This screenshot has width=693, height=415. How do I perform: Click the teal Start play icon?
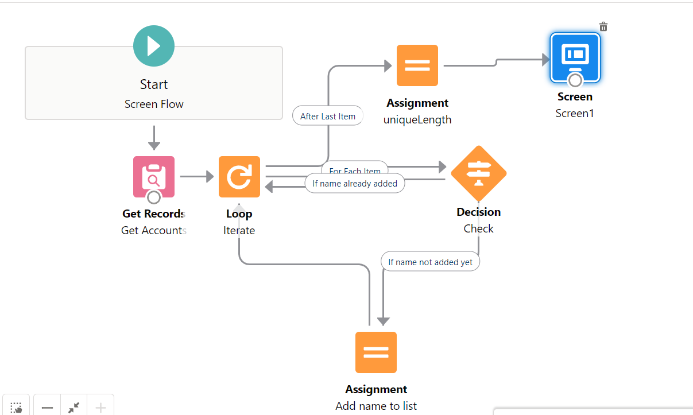[x=153, y=46]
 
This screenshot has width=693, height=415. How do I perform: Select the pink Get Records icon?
[x=153, y=176]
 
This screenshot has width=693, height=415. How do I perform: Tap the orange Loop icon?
[x=239, y=177]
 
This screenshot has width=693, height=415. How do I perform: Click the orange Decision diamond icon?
[x=478, y=173]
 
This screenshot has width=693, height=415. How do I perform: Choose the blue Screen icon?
[x=575, y=57]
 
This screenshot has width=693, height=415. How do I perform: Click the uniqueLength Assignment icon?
[x=417, y=65]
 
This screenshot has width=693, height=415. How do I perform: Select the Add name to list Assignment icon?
[x=376, y=352]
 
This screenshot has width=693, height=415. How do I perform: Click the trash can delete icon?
[x=603, y=26]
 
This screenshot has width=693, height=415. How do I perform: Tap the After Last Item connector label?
[x=328, y=116]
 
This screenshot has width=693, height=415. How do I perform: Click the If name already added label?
[x=355, y=184]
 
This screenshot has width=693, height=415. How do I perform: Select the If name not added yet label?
[x=430, y=262]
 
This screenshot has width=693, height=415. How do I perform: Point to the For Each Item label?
[x=355, y=169]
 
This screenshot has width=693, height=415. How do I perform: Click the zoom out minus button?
[x=47, y=408]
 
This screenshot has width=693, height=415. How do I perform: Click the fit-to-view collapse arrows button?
[x=73, y=408]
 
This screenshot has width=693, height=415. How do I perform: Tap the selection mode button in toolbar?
[x=16, y=408]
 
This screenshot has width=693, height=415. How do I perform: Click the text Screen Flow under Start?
[x=154, y=104]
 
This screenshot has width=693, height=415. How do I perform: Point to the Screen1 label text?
[x=575, y=113]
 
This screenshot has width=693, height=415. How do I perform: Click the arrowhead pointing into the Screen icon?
[x=546, y=59]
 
